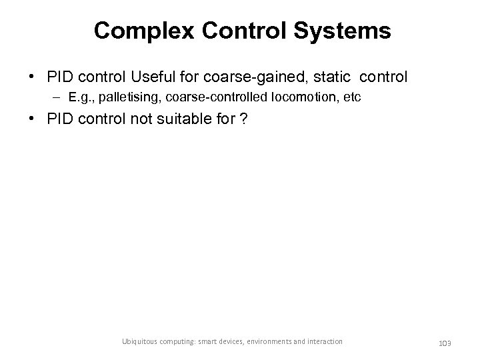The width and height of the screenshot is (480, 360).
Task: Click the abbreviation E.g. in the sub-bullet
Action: tap(79, 98)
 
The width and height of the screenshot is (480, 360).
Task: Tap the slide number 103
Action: tap(445, 343)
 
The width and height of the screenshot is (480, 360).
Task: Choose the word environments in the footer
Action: tap(273, 342)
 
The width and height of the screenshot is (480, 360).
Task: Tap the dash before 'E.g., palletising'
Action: tap(57, 98)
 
